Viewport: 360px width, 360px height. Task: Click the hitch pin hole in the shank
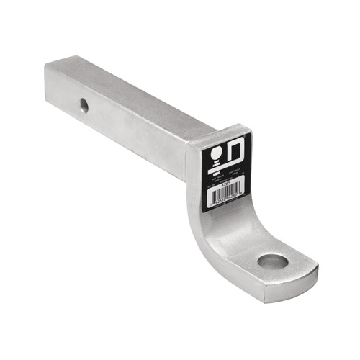tap(84, 105)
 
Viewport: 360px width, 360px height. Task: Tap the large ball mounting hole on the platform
tap(273, 261)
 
